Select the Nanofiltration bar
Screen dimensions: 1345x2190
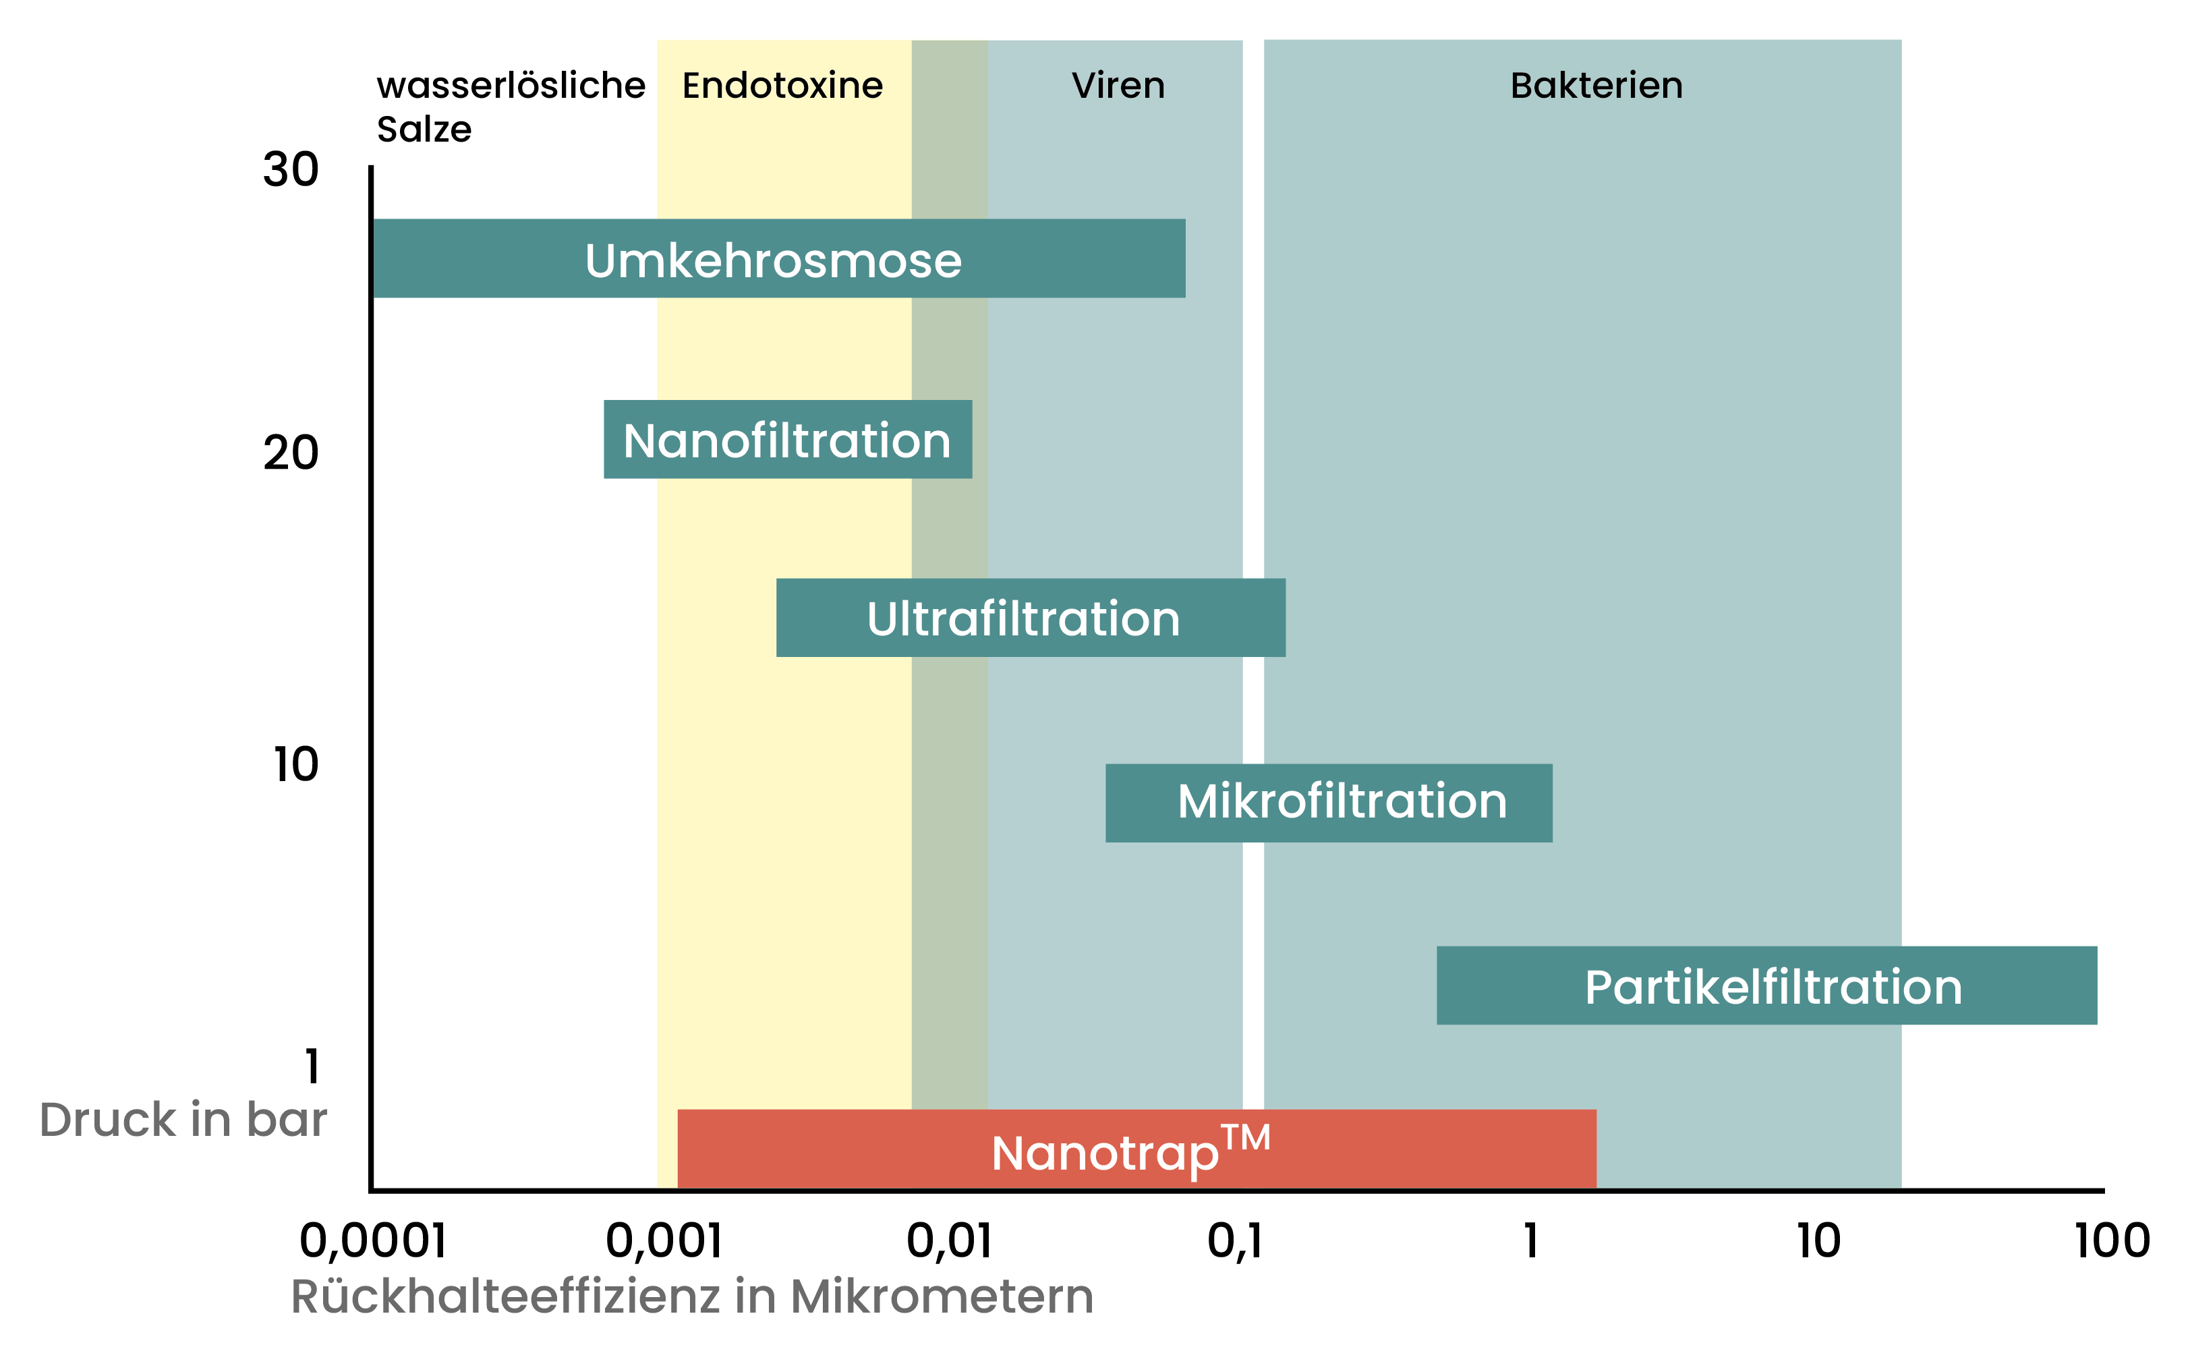point(787,439)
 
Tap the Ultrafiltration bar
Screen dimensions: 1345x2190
point(1030,619)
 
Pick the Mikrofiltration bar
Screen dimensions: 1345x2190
point(1328,803)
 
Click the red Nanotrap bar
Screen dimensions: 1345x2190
point(1136,1149)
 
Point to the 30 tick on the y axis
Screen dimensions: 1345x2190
point(290,169)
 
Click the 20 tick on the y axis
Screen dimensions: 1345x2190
point(290,453)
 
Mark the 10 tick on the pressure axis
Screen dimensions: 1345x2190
point(295,764)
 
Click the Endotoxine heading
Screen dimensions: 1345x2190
point(782,86)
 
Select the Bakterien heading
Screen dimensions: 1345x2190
point(1596,86)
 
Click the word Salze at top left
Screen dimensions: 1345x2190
point(424,130)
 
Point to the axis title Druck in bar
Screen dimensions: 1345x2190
point(183,1119)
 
